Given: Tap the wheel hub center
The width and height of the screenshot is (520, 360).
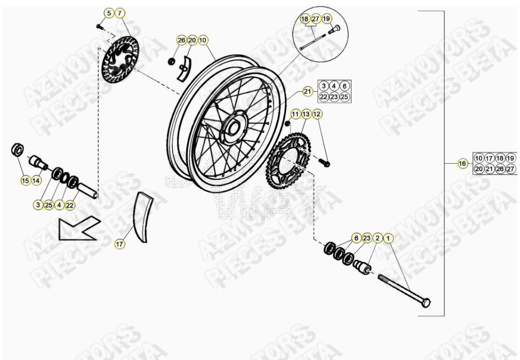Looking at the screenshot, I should (234, 128).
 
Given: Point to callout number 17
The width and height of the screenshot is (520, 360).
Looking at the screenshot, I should (120, 244).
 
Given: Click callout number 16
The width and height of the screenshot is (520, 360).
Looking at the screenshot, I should (462, 164).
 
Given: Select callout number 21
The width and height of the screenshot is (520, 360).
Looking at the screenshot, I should (307, 91).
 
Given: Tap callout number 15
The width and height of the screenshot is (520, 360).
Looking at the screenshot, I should (25, 181).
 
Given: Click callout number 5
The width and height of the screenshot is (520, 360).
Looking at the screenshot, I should (109, 12).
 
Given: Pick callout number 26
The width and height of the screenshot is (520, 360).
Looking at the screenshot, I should (181, 40).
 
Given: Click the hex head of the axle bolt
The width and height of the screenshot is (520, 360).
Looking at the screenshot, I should (426, 304).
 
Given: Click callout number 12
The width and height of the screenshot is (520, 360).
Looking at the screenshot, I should (317, 114).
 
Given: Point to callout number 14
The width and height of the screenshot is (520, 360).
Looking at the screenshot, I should (36, 181).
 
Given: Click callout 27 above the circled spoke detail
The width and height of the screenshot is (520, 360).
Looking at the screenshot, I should (316, 19).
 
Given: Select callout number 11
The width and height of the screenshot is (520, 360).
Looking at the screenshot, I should (295, 114).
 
